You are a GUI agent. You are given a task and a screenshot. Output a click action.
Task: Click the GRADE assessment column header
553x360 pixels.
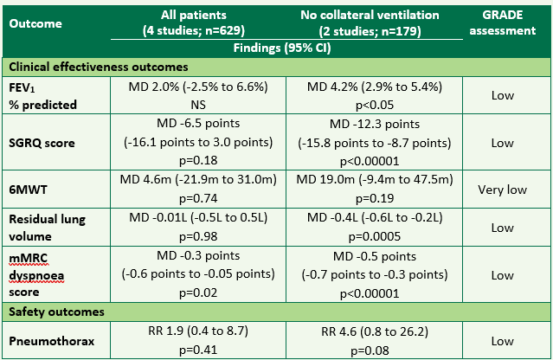tap(510, 23)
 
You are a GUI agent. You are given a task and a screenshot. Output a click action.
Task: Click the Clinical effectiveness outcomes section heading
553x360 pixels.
tap(99, 67)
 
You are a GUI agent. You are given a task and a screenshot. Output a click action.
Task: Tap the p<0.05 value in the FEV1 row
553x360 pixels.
tap(375, 103)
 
